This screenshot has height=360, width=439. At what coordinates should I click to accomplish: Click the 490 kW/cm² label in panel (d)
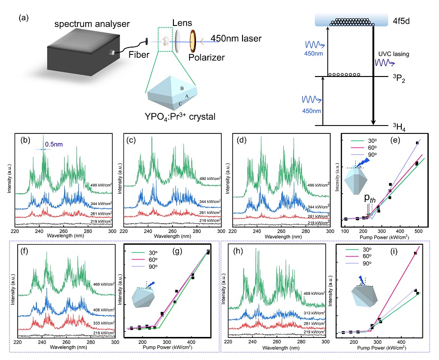click(x=318, y=185)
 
